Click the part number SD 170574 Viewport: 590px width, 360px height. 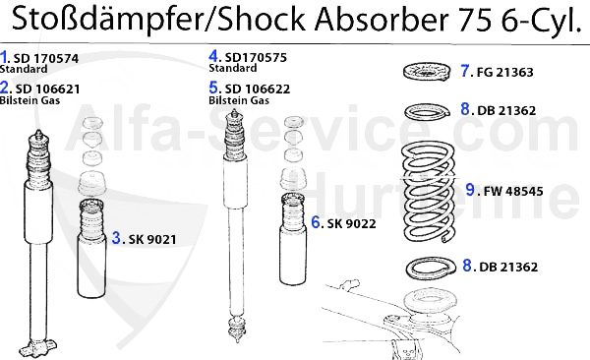coord(44,57)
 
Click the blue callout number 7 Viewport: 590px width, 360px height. coord(466,71)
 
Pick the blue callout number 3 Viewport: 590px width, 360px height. coord(116,237)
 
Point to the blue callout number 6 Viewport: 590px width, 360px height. coord(315,223)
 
